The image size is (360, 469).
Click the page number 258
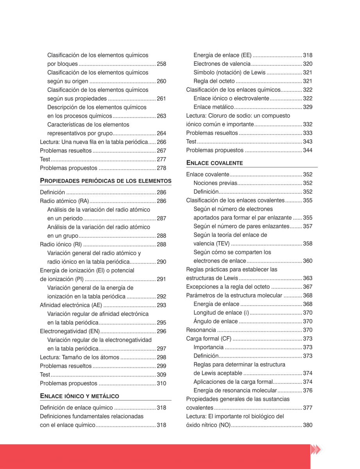[161, 64]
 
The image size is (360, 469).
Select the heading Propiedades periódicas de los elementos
[106, 181]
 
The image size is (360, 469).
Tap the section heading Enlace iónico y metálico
[80, 396]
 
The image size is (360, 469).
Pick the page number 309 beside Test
[161, 375]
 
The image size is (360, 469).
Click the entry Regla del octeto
[214, 81]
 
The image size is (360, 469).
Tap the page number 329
[308, 107]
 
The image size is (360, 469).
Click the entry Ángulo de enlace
[215, 321]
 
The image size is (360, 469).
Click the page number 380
[308, 425]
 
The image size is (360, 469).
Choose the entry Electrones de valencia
[222, 64]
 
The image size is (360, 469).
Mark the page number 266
[161, 142]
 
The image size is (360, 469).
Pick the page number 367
[308, 287]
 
